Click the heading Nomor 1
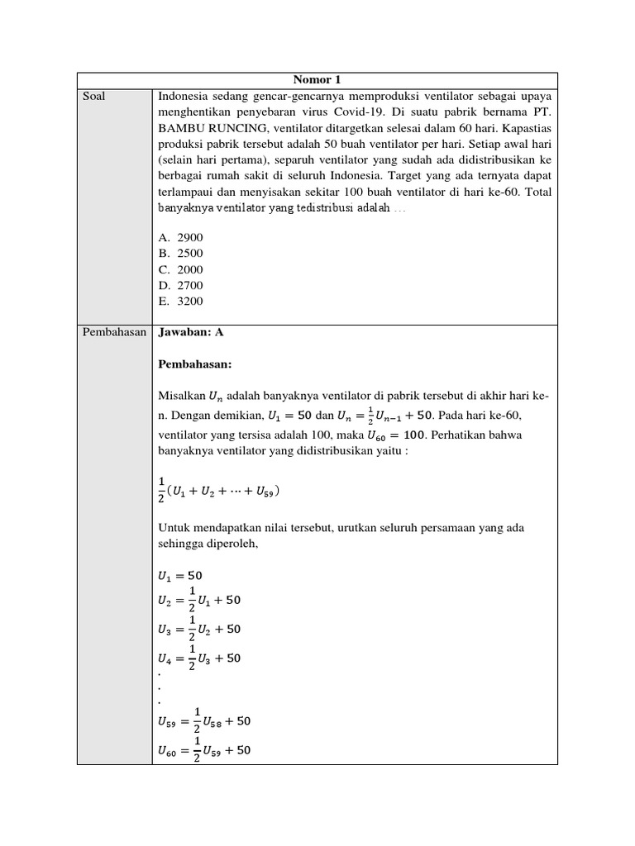tap(317, 80)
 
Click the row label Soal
tap(94, 97)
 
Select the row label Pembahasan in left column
tap(113, 333)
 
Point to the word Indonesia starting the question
tap(184, 97)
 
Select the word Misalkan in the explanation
tap(179, 396)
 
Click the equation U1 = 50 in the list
tap(179, 575)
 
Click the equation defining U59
tap(203, 721)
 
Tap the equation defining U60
tap(203, 751)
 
